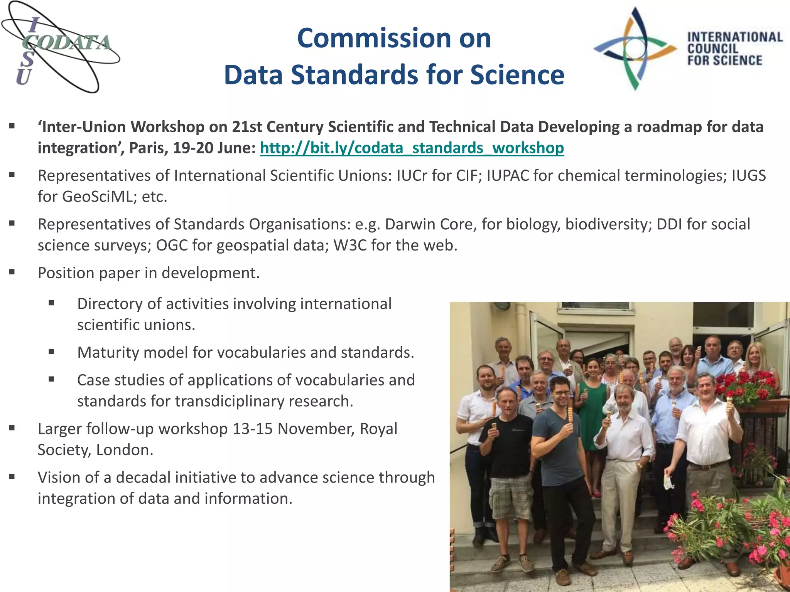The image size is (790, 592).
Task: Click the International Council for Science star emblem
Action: [x=635, y=49]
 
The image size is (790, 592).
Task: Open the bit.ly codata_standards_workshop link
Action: [x=412, y=148]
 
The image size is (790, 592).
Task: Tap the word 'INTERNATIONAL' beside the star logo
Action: [x=735, y=37]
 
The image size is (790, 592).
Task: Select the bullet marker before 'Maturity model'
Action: [x=51, y=351]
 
